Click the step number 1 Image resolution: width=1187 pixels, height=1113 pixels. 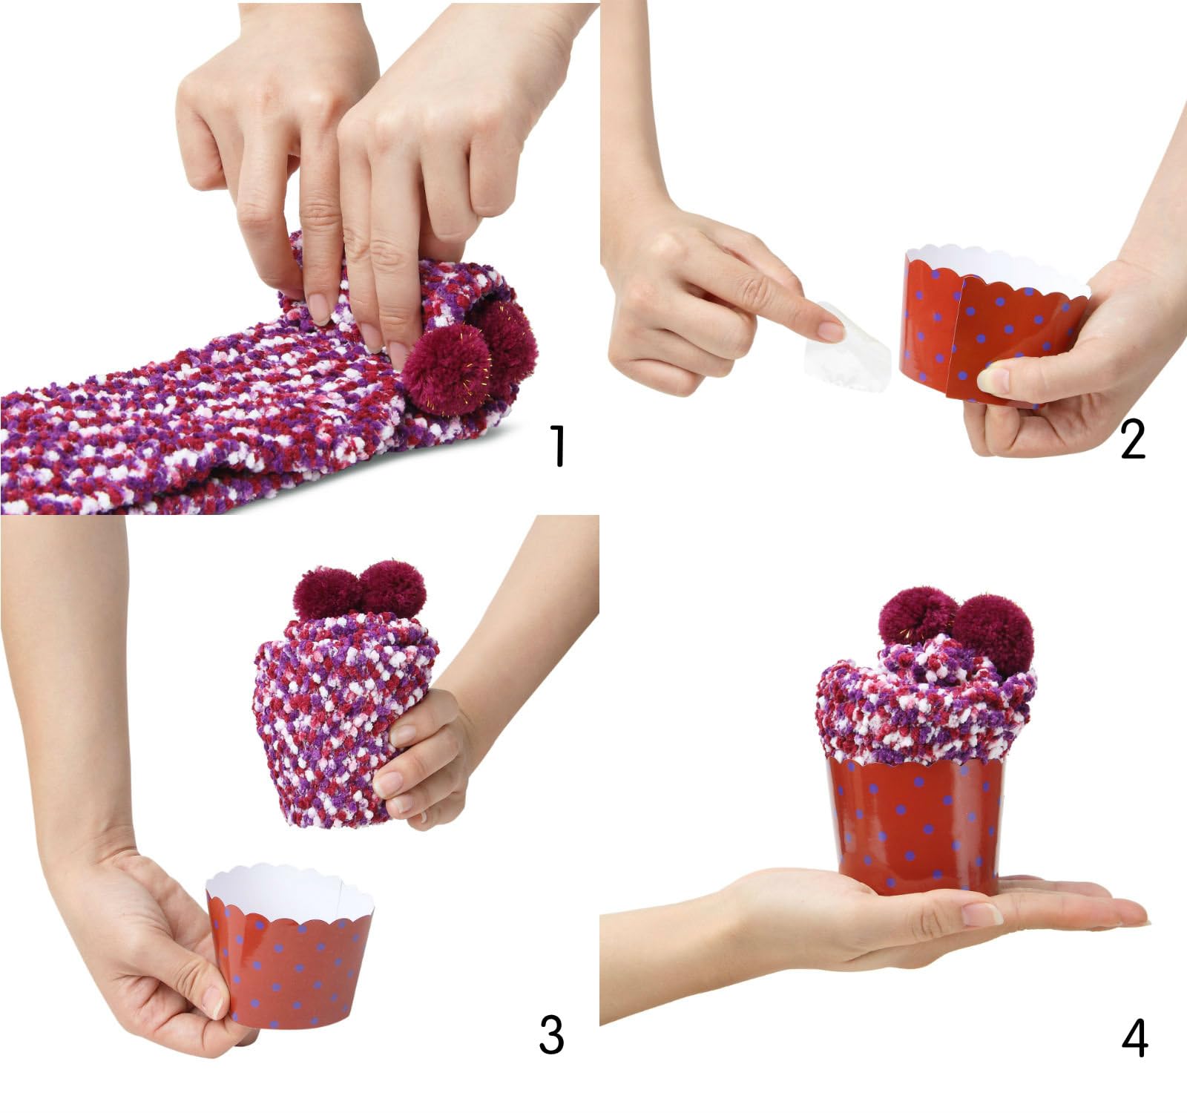point(557,445)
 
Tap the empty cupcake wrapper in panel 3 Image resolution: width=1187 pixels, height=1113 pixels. point(293,965)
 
